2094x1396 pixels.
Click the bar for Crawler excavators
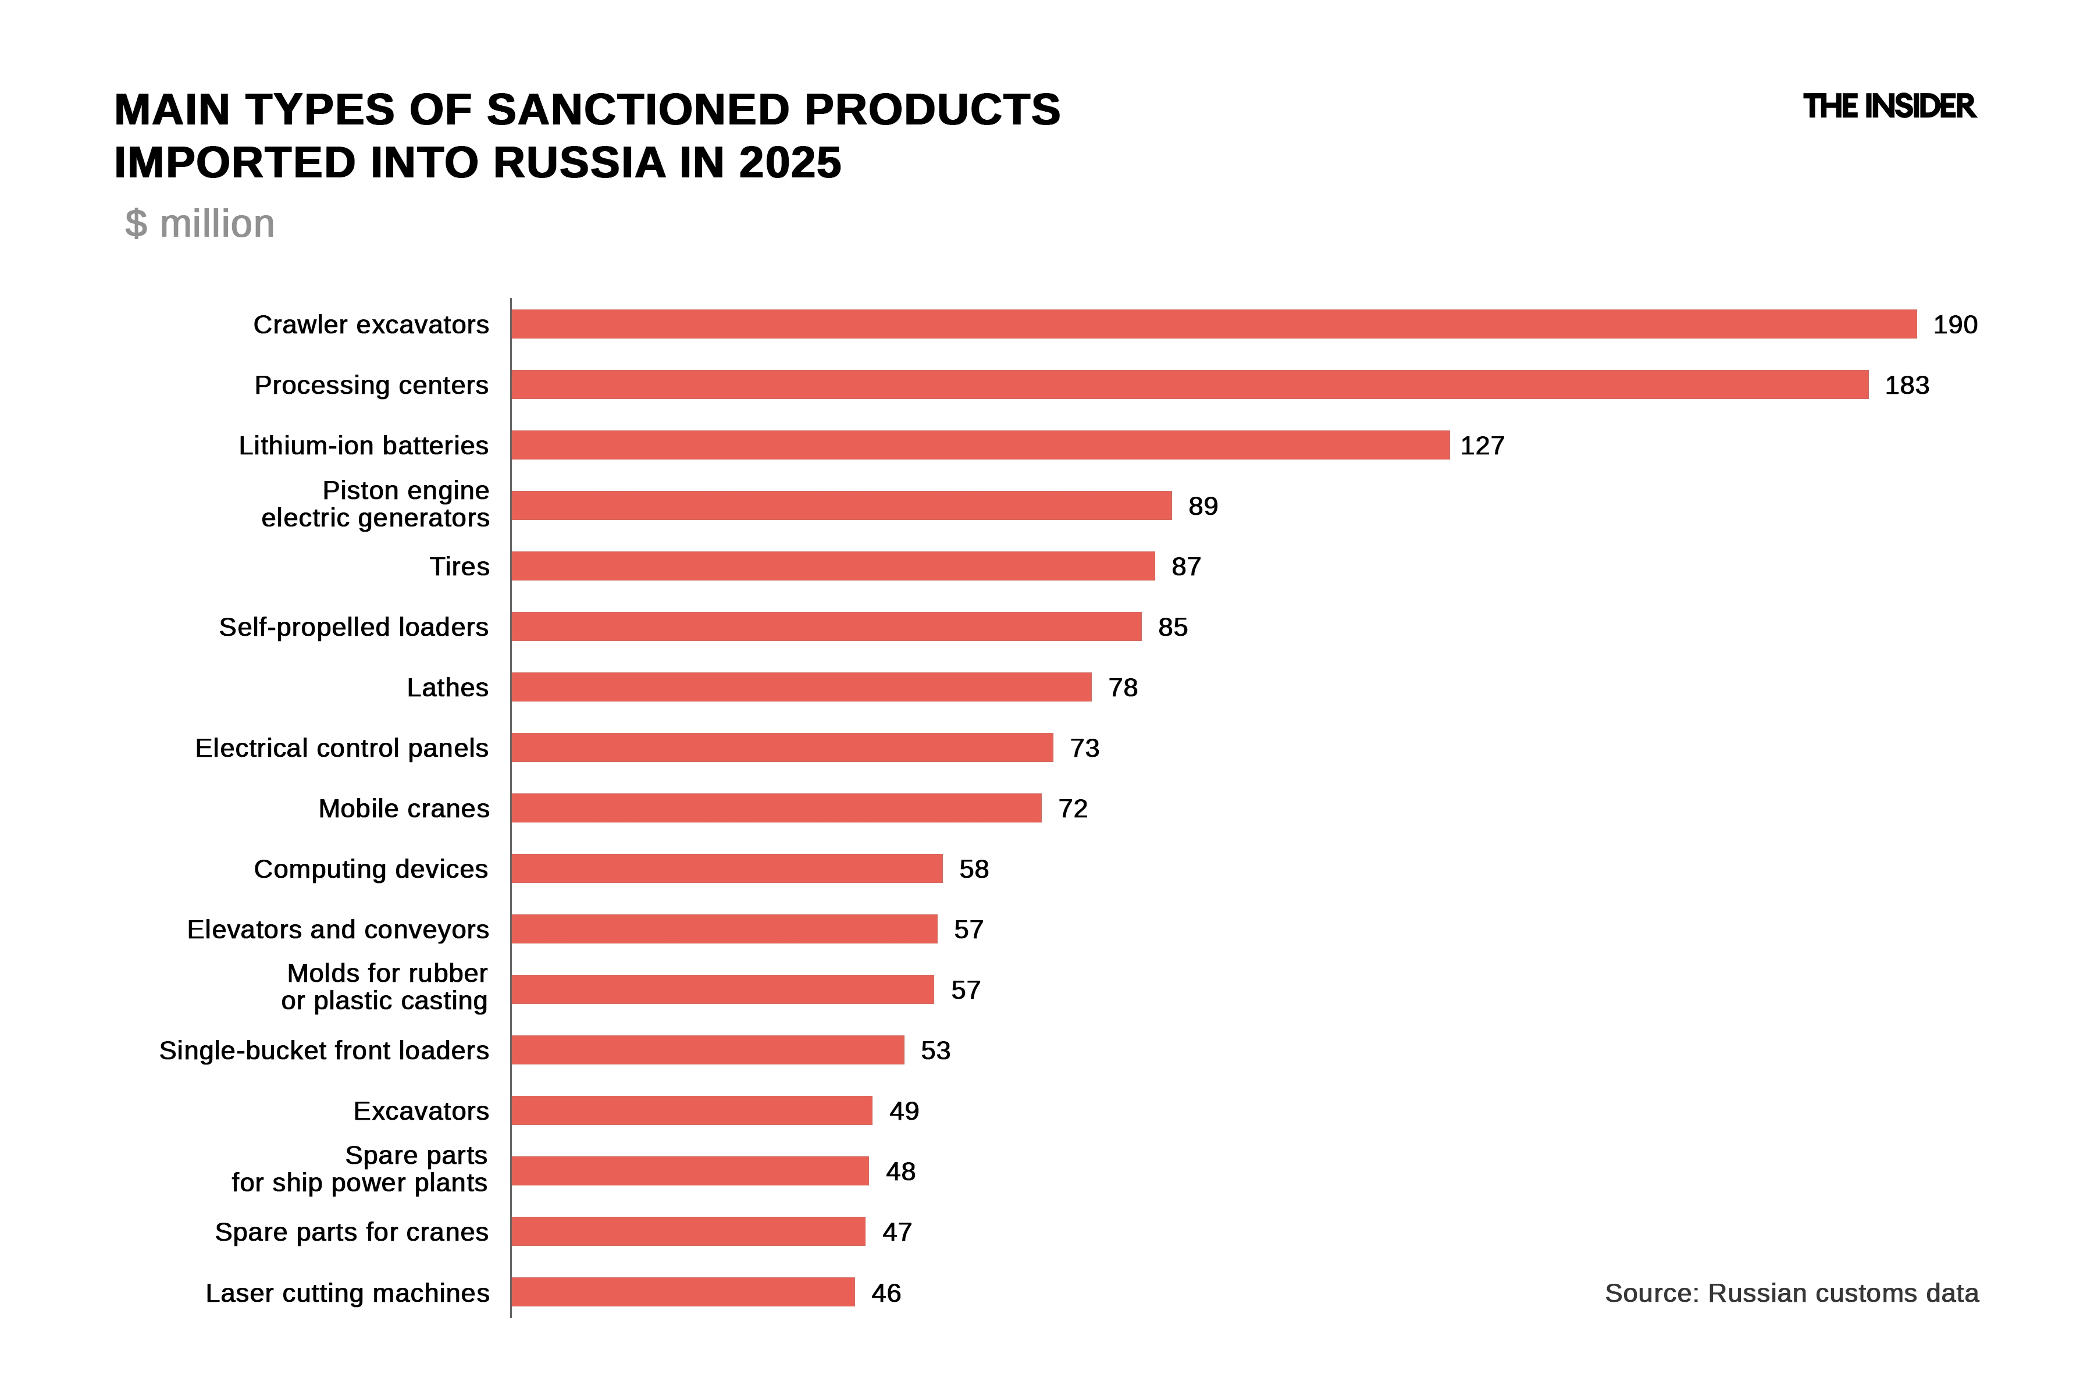[x=1213, y=324]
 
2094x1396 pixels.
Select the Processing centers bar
[x=1190, y=384]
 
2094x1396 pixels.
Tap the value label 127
[x=1482, y=445]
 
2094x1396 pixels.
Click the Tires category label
[x=460, y=566]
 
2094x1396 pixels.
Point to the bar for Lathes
[x=802, y=688]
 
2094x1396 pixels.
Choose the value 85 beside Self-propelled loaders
[x=1173, y=627]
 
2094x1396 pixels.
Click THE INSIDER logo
[x=1888, y=107]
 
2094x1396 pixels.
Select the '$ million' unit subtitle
[x=200, y=223]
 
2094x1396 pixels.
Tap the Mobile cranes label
[x=404, y=809]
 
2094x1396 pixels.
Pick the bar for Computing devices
[x=727, y=869]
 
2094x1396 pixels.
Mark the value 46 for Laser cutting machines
[x=886, y=1292]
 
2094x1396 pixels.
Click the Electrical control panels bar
[x=782, y=748]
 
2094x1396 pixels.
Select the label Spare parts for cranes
[x=352, y=1232]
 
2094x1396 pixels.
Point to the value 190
[x=1955, y=324]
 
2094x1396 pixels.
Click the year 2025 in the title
[x=790, y=163]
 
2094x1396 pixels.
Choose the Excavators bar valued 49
[x=692, y=1111]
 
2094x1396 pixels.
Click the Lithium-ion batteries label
[x=363, y=445]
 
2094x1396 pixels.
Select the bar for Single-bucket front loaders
[x=708, y=1050]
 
